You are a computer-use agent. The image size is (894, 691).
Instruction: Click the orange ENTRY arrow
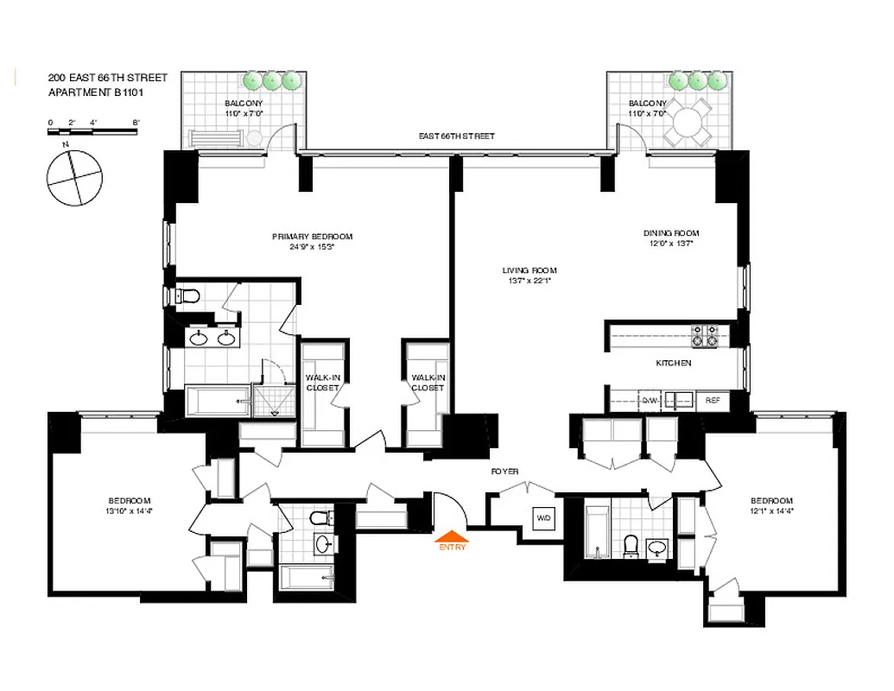click(x=452, y=536)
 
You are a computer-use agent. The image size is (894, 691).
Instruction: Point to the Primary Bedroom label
click(x=312, y=237)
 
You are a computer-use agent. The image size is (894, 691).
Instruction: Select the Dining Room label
click(x=670, y=233)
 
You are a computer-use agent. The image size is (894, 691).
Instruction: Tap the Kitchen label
click(x=673, y=363)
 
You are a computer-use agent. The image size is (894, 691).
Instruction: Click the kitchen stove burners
click(x=707, y=335)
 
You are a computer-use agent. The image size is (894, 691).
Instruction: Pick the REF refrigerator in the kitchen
click(x=713, y=400)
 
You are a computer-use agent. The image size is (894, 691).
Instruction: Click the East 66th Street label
click(x=456, y=136)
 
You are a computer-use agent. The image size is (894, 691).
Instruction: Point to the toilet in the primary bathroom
click(x=187, y=297)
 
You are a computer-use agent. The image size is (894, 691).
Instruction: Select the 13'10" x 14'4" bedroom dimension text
click(x=130, y=510)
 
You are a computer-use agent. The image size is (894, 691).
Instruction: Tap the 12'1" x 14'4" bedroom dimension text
click(x=771, y=510)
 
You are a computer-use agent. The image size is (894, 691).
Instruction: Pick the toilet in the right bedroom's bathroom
click(x=631, y=546)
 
